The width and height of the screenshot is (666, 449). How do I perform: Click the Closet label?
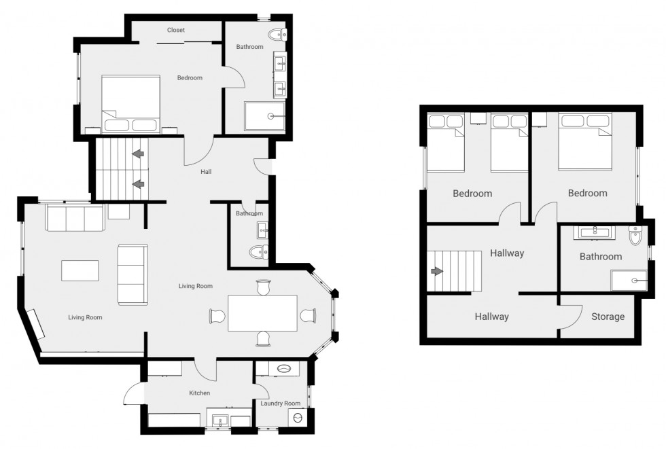click(x=176, y=30)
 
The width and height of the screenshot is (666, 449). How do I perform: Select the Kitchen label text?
click(x=199, y=393)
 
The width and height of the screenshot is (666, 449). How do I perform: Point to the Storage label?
click(x=608, y=317)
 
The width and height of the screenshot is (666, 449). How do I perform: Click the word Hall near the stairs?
click(x=206, y=172)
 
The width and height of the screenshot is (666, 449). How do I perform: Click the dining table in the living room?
click(x=262, y=313)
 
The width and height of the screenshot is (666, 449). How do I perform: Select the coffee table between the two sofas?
click(x=80, y=271)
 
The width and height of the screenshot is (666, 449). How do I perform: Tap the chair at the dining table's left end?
click(x=217, y=316)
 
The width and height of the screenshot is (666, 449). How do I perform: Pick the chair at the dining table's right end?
click(x=308, y=315)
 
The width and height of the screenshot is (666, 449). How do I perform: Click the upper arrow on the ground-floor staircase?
click(x=139, y=155)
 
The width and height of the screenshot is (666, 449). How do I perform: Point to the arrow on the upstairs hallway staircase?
click(x=436, y=271)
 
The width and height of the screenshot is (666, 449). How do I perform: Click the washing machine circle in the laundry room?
click(x=297, y=419)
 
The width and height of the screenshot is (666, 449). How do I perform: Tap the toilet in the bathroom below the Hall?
click(x=258, y=253)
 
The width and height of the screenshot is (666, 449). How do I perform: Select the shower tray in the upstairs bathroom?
click(x=629, y=280)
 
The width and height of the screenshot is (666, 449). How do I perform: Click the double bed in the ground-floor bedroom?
click(x=130, y=103)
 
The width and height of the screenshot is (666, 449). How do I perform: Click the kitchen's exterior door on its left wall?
click(x=133, y=395)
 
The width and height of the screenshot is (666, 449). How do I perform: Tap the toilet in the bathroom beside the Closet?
click(x=277, y=34)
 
